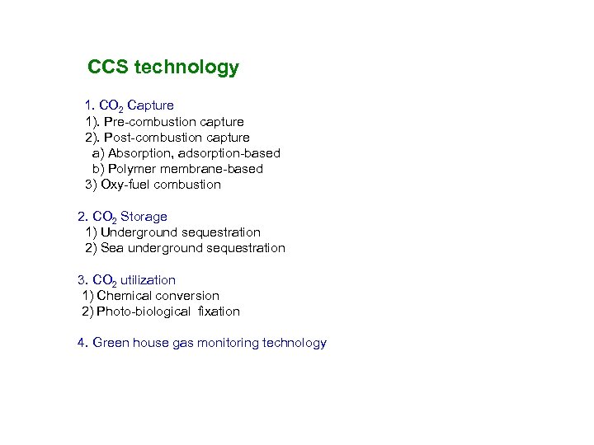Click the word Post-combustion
click(154, 138)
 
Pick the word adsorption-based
click(229, 153)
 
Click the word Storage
click(144, 217)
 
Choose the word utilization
click(148, 280)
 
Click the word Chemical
click(125, 296)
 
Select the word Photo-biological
click(144, 311)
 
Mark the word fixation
click(219, 311)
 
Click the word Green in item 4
click(111, 343)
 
